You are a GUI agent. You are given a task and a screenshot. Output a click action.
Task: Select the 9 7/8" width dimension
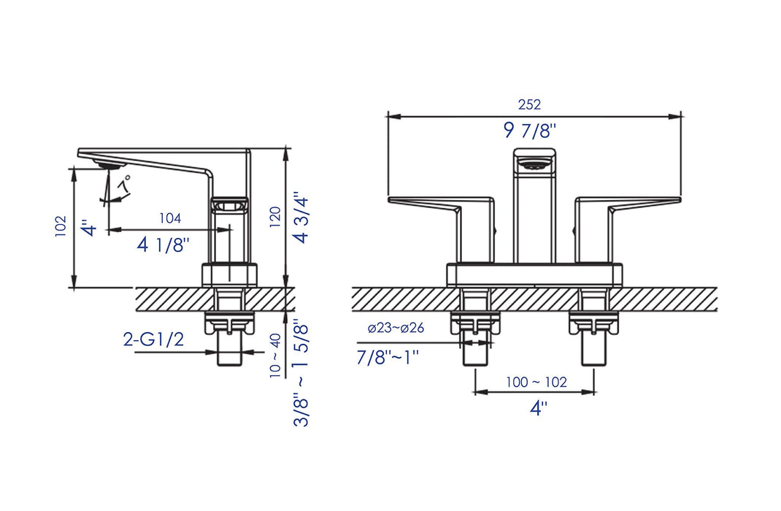click(529, 131)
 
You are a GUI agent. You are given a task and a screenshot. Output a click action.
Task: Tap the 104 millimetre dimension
click(169, 218)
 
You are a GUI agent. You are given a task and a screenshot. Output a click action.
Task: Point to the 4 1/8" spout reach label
click(164, 245)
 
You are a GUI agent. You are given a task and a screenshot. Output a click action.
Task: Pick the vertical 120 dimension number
click(275, 217)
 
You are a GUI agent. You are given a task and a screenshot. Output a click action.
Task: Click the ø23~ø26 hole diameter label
click(396, 328)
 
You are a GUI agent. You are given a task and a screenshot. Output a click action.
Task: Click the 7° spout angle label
click(124, 183)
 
